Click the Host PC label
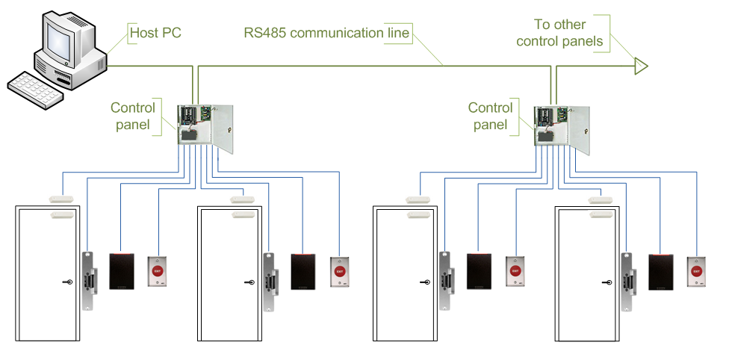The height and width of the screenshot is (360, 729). tap(155, 34)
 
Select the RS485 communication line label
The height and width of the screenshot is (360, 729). tap(326, 34)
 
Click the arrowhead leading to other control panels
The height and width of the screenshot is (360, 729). tap(639, 66)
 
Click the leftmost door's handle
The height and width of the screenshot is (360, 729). tap(67, 282)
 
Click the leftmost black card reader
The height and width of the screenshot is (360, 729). tap(122, 271)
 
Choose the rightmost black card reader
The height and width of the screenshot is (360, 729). tap(661, 271)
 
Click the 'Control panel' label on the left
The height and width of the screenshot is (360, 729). tap(133, 116)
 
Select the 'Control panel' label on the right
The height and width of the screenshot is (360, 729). tap(491, 116)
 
